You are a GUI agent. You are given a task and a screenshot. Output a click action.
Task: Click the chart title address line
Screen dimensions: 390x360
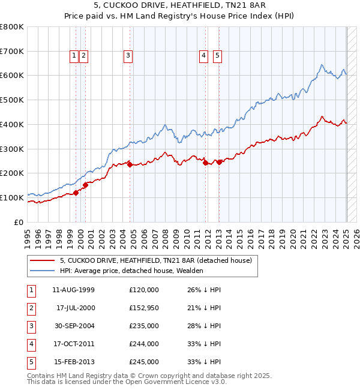click(179, 7)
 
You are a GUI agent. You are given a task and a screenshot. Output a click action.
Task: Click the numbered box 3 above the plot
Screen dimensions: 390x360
click(128, 56)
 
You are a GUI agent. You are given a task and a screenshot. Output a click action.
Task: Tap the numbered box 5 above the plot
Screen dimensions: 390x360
click(217, 56)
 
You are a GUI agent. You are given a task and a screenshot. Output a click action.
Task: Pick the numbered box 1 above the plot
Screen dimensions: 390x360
click(74, 56)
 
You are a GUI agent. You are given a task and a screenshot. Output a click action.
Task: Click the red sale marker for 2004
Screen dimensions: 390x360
click(130, 164)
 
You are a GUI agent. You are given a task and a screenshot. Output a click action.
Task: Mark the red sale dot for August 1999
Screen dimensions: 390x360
click(76, 193)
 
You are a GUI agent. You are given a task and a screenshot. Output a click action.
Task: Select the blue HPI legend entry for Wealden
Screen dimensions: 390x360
click(131, 271)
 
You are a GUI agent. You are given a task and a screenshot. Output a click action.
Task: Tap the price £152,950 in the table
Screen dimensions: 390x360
click(143, 308)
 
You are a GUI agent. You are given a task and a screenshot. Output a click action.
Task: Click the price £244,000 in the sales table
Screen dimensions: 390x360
click(143, 344)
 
